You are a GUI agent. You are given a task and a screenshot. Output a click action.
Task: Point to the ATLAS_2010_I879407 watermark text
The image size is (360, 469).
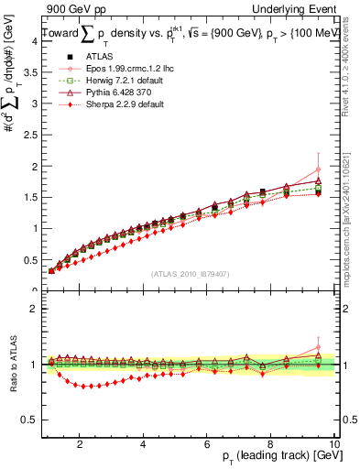pos(190,273)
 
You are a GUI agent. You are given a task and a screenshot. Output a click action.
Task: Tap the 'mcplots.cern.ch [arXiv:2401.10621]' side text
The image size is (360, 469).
pos(351,211)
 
